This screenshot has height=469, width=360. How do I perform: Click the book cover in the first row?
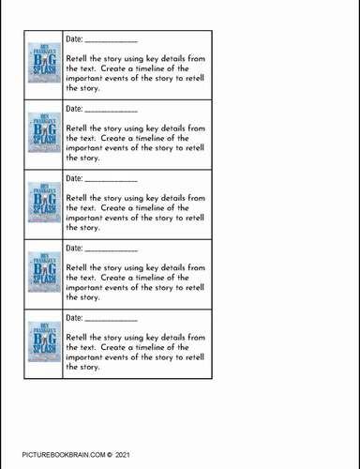coord(44,65)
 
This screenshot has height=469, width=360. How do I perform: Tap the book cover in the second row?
coord(44,134)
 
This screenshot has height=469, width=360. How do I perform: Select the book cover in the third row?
coord(44,204)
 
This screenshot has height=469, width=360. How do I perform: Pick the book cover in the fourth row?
coord(44,273)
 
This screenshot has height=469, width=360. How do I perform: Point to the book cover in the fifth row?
coord(44,342)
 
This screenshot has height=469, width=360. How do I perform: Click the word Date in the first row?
coord(74,39)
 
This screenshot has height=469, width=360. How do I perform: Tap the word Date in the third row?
coord(74,178)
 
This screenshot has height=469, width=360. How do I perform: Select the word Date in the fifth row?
coord(74,318)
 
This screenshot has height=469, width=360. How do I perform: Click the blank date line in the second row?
coord(111,112)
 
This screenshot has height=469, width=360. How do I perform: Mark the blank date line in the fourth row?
coord(111,250)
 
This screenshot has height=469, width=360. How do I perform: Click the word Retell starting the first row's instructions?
coord(79,58)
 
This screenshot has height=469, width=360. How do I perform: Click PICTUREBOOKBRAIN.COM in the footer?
coord(62,454)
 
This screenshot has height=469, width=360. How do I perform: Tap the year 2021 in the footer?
coord(122,454)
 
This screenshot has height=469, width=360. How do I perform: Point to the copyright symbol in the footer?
coord(108,454)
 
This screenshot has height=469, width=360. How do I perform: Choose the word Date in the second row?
coord(74,109)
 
